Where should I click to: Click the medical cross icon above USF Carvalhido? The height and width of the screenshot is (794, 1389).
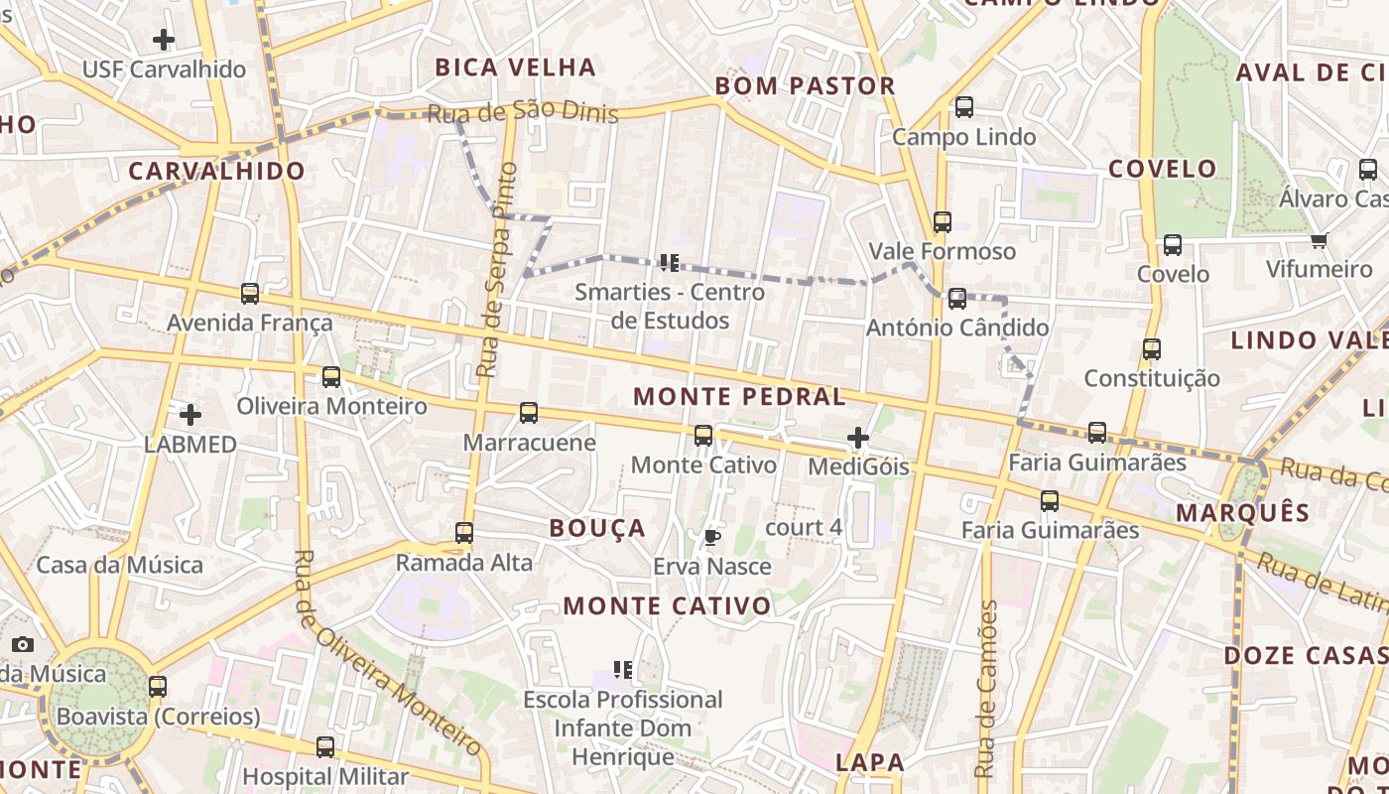tap(164, 40)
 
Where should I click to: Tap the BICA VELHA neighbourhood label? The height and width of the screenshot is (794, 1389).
tap(515, 67)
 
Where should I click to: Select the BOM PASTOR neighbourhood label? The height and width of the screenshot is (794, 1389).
tap(805, 86)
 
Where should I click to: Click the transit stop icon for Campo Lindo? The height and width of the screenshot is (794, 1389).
tap(963, 107)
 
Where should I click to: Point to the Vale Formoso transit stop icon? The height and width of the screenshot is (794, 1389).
tap(942, 222)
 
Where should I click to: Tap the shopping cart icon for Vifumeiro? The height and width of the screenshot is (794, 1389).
tap(1319, 240)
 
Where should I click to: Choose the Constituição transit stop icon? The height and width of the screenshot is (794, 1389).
tap(1151, 349)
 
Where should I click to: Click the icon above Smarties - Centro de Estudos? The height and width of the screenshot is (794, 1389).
tap(669, 263)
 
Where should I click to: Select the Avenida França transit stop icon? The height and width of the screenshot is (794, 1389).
tap(250, 294)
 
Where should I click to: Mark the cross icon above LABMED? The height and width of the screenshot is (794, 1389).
tap(190, 414)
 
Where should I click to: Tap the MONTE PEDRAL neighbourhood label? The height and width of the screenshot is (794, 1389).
tap(739, 397)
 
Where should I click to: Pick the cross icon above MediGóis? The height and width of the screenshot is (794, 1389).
tap(858, 438)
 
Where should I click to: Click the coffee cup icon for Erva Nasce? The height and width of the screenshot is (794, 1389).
tap(711, 538)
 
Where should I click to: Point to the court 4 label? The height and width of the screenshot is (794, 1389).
tap(804, 527)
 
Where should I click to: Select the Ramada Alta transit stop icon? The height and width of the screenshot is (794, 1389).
tap(463, 533)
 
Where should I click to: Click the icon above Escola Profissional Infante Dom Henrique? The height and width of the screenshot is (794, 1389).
tap(623, 670)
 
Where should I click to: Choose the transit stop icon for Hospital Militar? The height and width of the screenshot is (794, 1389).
tap(324, 747)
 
